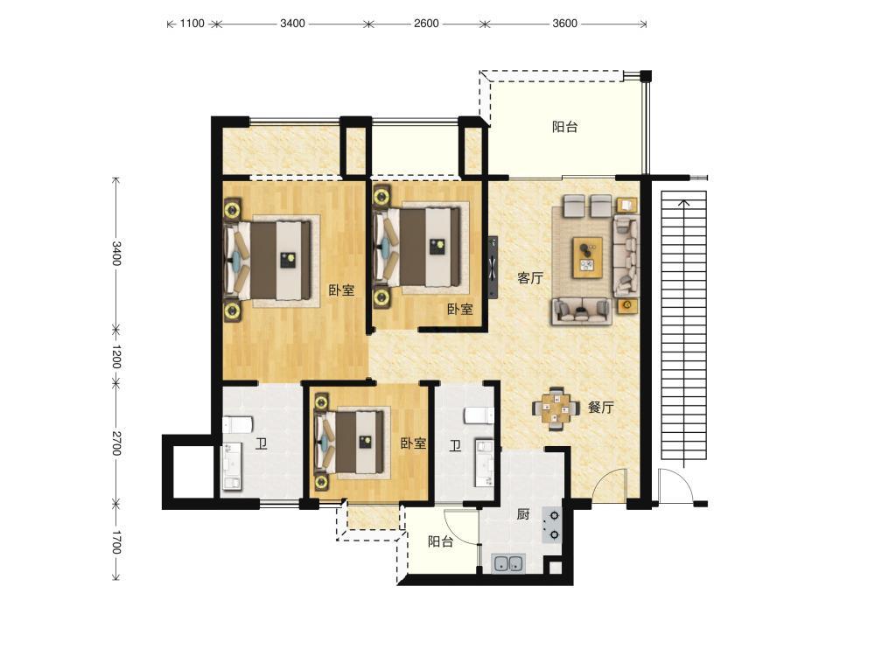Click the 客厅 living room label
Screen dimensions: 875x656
tap(529, 278)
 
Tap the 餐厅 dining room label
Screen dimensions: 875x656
tap(600, 408)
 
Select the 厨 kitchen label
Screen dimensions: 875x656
tap(523, 513)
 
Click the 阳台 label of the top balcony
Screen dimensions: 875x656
tap(564, 127)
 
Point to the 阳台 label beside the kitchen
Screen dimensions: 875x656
tap(440, 541)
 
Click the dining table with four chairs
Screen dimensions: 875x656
tap(556, 408)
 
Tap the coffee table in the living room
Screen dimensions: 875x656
tap(587, 257)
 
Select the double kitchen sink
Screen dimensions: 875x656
tap(507, 563)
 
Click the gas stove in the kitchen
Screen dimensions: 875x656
tap(552, 525)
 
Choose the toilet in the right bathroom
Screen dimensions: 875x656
tap(479, 415)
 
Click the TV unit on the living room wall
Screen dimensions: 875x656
tap(493, 267)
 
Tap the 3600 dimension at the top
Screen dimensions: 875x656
tap(564, 24)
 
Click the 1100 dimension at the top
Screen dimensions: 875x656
tap(192, 24)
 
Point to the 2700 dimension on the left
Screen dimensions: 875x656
tap(116, 443)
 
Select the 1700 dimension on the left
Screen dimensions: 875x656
tap(116, 542)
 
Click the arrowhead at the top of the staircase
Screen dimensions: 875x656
tap(683, 202)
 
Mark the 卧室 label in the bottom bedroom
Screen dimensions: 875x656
tap(414, 443)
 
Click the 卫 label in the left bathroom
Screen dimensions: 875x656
tap(261, 444)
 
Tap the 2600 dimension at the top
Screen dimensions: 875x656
tap(426, 24)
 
